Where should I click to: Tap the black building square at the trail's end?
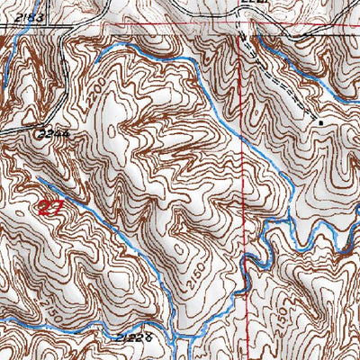(320, 120)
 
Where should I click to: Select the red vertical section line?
(243, 180)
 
